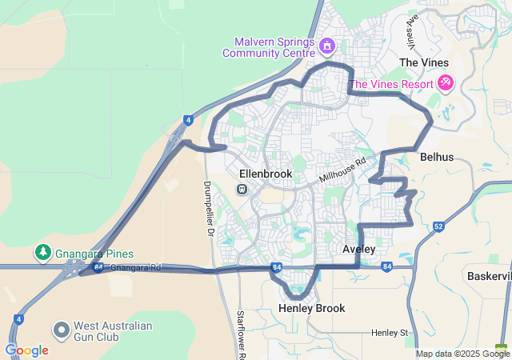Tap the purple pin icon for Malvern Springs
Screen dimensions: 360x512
[x=326, y=46]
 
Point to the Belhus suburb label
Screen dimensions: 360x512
[x=436, y=158]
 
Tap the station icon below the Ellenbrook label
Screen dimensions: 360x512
[x=241, y=189]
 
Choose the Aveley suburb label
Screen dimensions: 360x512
[x=358, y=250]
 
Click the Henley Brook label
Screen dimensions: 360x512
[x=311, y=308]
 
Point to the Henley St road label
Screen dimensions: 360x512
[x=390, y=332]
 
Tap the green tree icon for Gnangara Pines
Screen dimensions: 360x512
[x=42, y=253]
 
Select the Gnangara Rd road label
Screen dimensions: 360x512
[x=136, y=267]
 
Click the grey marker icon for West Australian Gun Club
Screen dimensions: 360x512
[x=61, y=330]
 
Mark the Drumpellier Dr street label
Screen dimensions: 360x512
[x=207, y=208]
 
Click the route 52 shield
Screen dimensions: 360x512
[x=438, y=226]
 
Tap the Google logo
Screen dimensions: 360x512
[x=26, y=350]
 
